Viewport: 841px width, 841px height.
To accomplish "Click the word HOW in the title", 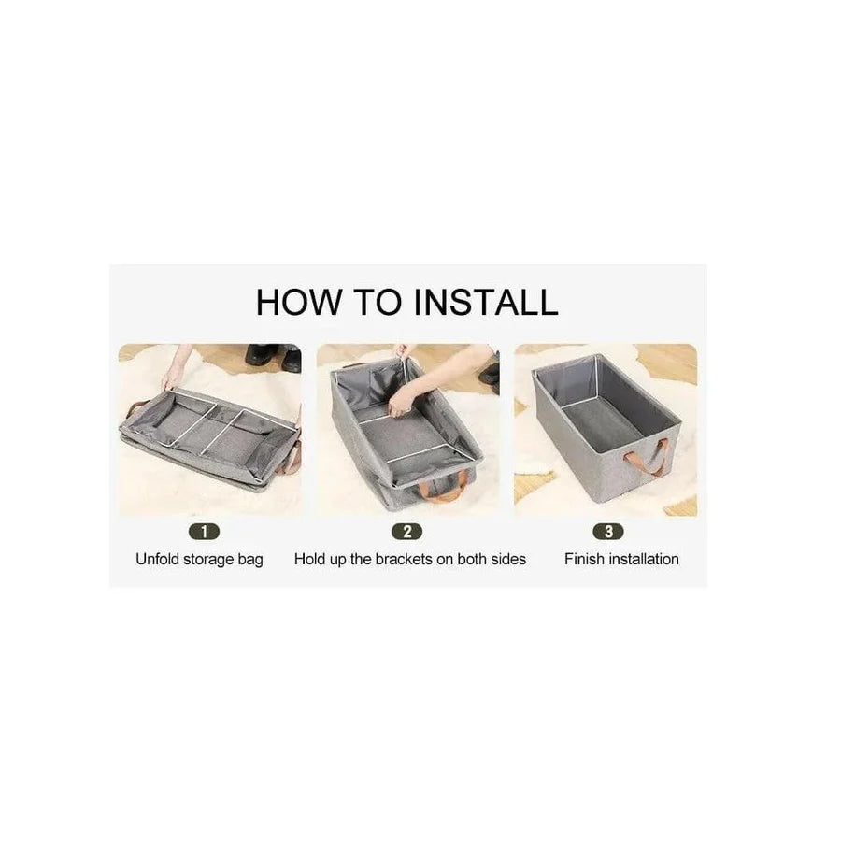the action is (298, 302).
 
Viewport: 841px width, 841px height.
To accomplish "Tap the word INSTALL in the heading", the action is (486, 302).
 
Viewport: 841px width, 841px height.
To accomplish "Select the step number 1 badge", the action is (205, 532).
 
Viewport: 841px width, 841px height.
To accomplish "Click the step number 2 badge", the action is (407, 532).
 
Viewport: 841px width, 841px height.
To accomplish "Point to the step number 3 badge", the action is (608, 532).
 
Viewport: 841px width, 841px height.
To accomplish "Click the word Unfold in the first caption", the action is (158, 559).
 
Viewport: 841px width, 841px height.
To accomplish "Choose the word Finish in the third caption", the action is (583, 559).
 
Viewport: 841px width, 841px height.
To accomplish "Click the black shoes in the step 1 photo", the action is (274, 356).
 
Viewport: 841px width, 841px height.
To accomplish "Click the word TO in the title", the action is (378, 302).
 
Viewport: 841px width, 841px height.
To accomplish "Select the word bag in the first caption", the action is (250, 560).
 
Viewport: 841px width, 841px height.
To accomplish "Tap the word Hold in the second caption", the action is (309, 559).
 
